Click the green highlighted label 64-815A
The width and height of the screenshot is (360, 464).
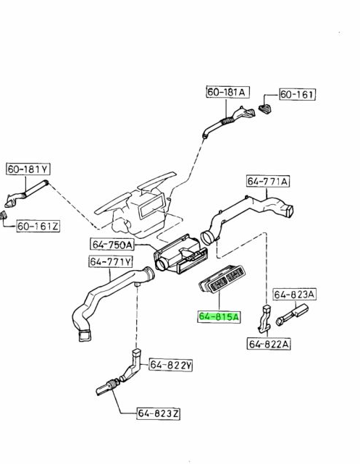click(219, 316)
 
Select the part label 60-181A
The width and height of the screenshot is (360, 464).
click(227, 92)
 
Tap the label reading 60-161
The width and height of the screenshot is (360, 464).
click(297, 94)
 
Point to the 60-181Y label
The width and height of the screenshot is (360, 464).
click(28, 169)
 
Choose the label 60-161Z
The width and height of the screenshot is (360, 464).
click(38, 227)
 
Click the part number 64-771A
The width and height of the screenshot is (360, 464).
click(268, 181)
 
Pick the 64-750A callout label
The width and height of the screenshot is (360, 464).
click(112, 245)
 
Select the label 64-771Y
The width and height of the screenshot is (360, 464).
click(111, 261)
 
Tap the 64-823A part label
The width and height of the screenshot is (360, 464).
click(294, 295)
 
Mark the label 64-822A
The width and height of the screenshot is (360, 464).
click(269, 344)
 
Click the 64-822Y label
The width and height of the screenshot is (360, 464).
click(171, 365)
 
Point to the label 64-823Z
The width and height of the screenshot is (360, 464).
click(159, 413)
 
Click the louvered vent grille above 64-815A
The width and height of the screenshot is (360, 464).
click(222, 279)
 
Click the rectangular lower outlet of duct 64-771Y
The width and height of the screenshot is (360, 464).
click(85, 335)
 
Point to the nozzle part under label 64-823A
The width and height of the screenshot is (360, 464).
click(292, 316)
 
